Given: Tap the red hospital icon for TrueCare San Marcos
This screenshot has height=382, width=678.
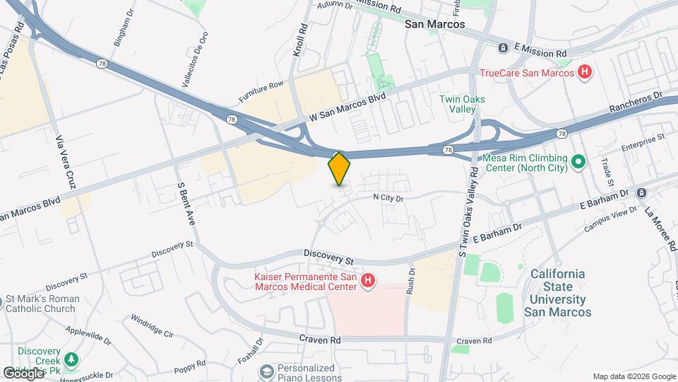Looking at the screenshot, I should click(584, 71).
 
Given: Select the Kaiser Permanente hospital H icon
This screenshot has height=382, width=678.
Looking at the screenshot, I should click(367, 282).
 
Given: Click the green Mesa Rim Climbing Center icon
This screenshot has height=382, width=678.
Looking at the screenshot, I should click(578, 163).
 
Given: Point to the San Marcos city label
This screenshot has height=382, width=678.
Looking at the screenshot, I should click(435, 23).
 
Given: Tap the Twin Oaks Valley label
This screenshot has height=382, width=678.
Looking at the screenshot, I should click(462, 105).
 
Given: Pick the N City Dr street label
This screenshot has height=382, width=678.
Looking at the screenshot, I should click(388, 199).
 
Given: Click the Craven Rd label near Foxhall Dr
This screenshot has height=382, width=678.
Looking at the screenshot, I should click(320, 340).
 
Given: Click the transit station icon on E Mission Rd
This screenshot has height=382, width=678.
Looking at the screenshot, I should click(503, 48).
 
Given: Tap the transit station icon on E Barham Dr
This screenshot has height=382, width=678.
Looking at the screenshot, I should click(641, 192).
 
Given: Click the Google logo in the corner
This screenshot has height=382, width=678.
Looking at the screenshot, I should click(23, 373).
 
